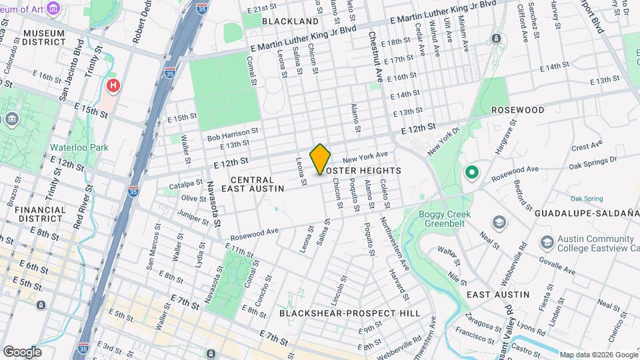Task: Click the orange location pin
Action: [320, 159]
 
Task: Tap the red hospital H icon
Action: [113, 85]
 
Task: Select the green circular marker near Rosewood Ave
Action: [472, 173]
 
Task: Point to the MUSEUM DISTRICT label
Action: [43, 38]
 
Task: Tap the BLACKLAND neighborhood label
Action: [290, 21]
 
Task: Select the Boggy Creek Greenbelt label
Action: [445, 219]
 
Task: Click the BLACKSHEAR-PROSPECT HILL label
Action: [349, 313]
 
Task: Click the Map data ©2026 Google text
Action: [598, 355]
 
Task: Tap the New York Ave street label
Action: [365, 157]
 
